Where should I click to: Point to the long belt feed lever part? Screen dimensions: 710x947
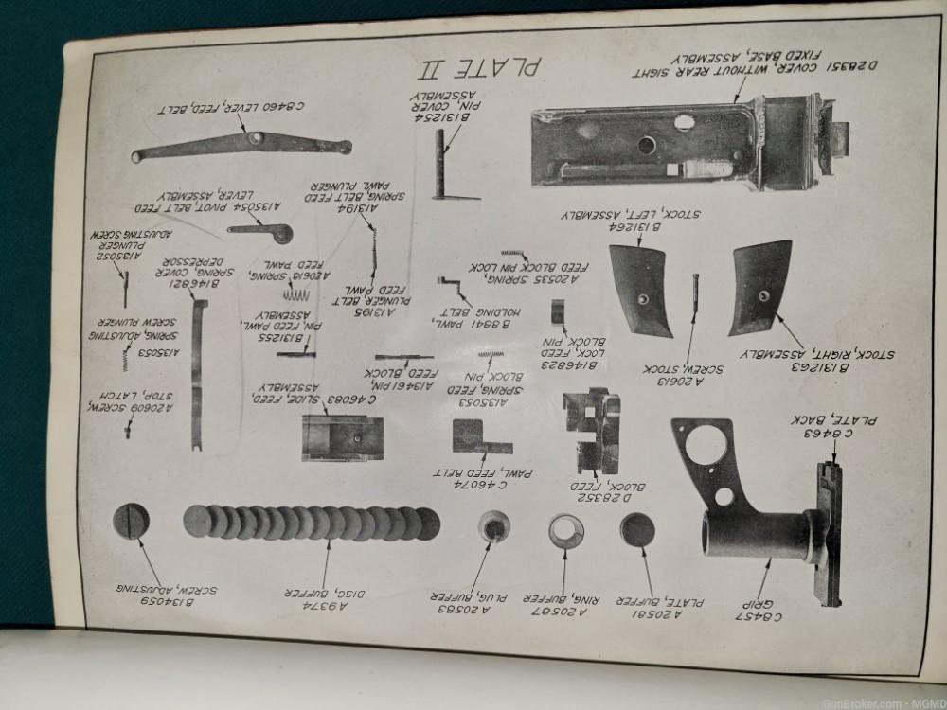click(241, 146)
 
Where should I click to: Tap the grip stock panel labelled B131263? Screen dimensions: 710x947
click(759, 287)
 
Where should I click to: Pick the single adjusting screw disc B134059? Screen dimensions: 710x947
click(131, 522)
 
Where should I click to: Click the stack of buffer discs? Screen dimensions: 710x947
click(313, 523)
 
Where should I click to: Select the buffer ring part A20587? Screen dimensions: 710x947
click(566, 531)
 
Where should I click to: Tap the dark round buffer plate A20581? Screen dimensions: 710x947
click(636, 530)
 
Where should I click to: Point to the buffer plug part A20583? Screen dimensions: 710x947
click(493, 527)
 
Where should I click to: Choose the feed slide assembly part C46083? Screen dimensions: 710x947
click(342, 436)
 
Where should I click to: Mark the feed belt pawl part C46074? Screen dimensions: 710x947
click(481, 436)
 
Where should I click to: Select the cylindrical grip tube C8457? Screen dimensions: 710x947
click(758, 535)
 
